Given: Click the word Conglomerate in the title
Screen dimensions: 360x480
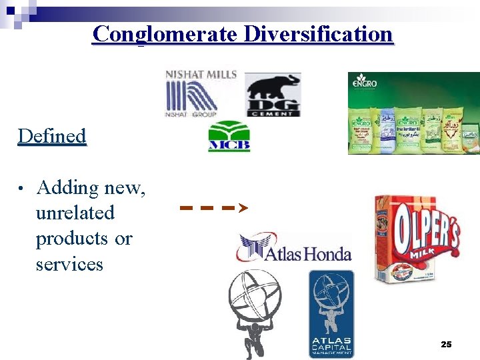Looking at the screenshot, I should click(x=164, y=33).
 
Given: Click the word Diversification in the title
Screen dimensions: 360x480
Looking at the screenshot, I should click(x=318, y=33).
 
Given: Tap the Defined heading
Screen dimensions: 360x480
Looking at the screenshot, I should click(x=52, y=136).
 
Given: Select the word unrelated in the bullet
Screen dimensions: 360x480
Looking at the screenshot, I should click(x=75, y=213).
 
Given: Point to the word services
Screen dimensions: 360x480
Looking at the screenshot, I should click(x=69, y=264).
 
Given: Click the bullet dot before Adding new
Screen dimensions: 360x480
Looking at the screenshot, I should click(x=22, y=189).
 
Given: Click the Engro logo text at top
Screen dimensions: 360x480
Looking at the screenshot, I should click(x=364, y=84).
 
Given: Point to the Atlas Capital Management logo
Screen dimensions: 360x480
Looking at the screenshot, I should click(x=331, y=313).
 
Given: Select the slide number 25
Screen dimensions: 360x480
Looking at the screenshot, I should click(x=446, y=345).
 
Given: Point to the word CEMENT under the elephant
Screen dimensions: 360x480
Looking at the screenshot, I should click(x=273, y=114).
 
